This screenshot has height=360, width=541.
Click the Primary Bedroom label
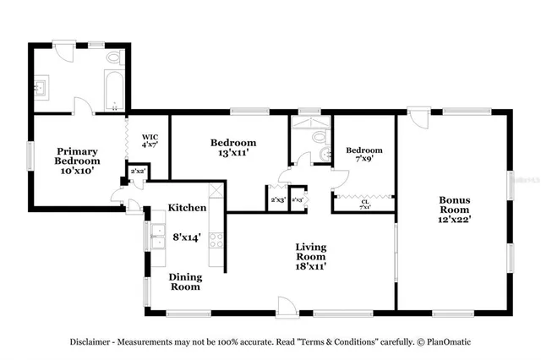(78, 160)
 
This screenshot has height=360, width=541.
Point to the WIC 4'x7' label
(150, 140)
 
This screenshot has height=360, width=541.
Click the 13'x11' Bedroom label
(232, 148)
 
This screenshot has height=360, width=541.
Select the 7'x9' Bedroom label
(364, 155)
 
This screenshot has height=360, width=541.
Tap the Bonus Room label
(454, 209)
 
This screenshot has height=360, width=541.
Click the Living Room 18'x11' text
(310, 256)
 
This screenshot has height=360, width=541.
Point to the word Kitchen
(187, 207)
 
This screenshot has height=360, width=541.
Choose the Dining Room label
(184, 281)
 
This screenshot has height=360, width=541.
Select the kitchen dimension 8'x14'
(187, 238)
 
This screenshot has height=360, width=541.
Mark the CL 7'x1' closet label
(366, 204)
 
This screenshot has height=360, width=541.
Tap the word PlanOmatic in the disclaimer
(447, 342)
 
